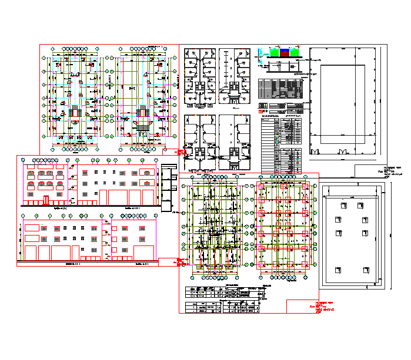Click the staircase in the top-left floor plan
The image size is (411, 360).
pyautogui.click(x=75, y=112)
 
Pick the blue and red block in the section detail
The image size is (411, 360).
pyautogui.click(x=285, y=52)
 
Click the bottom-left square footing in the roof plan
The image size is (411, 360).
pyautogui.click(x=337, y=271)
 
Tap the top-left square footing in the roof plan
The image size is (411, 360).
pyautogui.click(x=337, y=207)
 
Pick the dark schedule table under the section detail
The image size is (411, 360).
pyautogui.click(x=281, y=89)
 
